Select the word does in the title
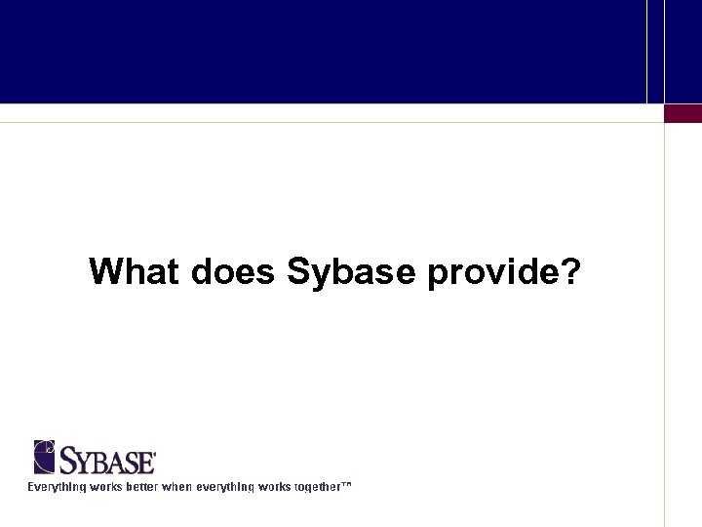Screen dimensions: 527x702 (x=233, y=271)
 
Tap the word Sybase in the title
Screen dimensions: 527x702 (x=352, y=272)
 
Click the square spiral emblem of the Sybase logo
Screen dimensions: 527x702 (x=45, y=457)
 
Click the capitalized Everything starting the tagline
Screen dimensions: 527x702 (x=57, y=486)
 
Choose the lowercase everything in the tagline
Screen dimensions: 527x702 (x=228, y=486)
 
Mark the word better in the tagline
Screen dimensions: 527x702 (x=140, y=486)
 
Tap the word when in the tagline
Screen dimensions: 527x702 (x=177, y=486)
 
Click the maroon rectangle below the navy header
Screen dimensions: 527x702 (x=682, y=113)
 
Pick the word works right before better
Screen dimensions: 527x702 (x=106, y=486)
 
